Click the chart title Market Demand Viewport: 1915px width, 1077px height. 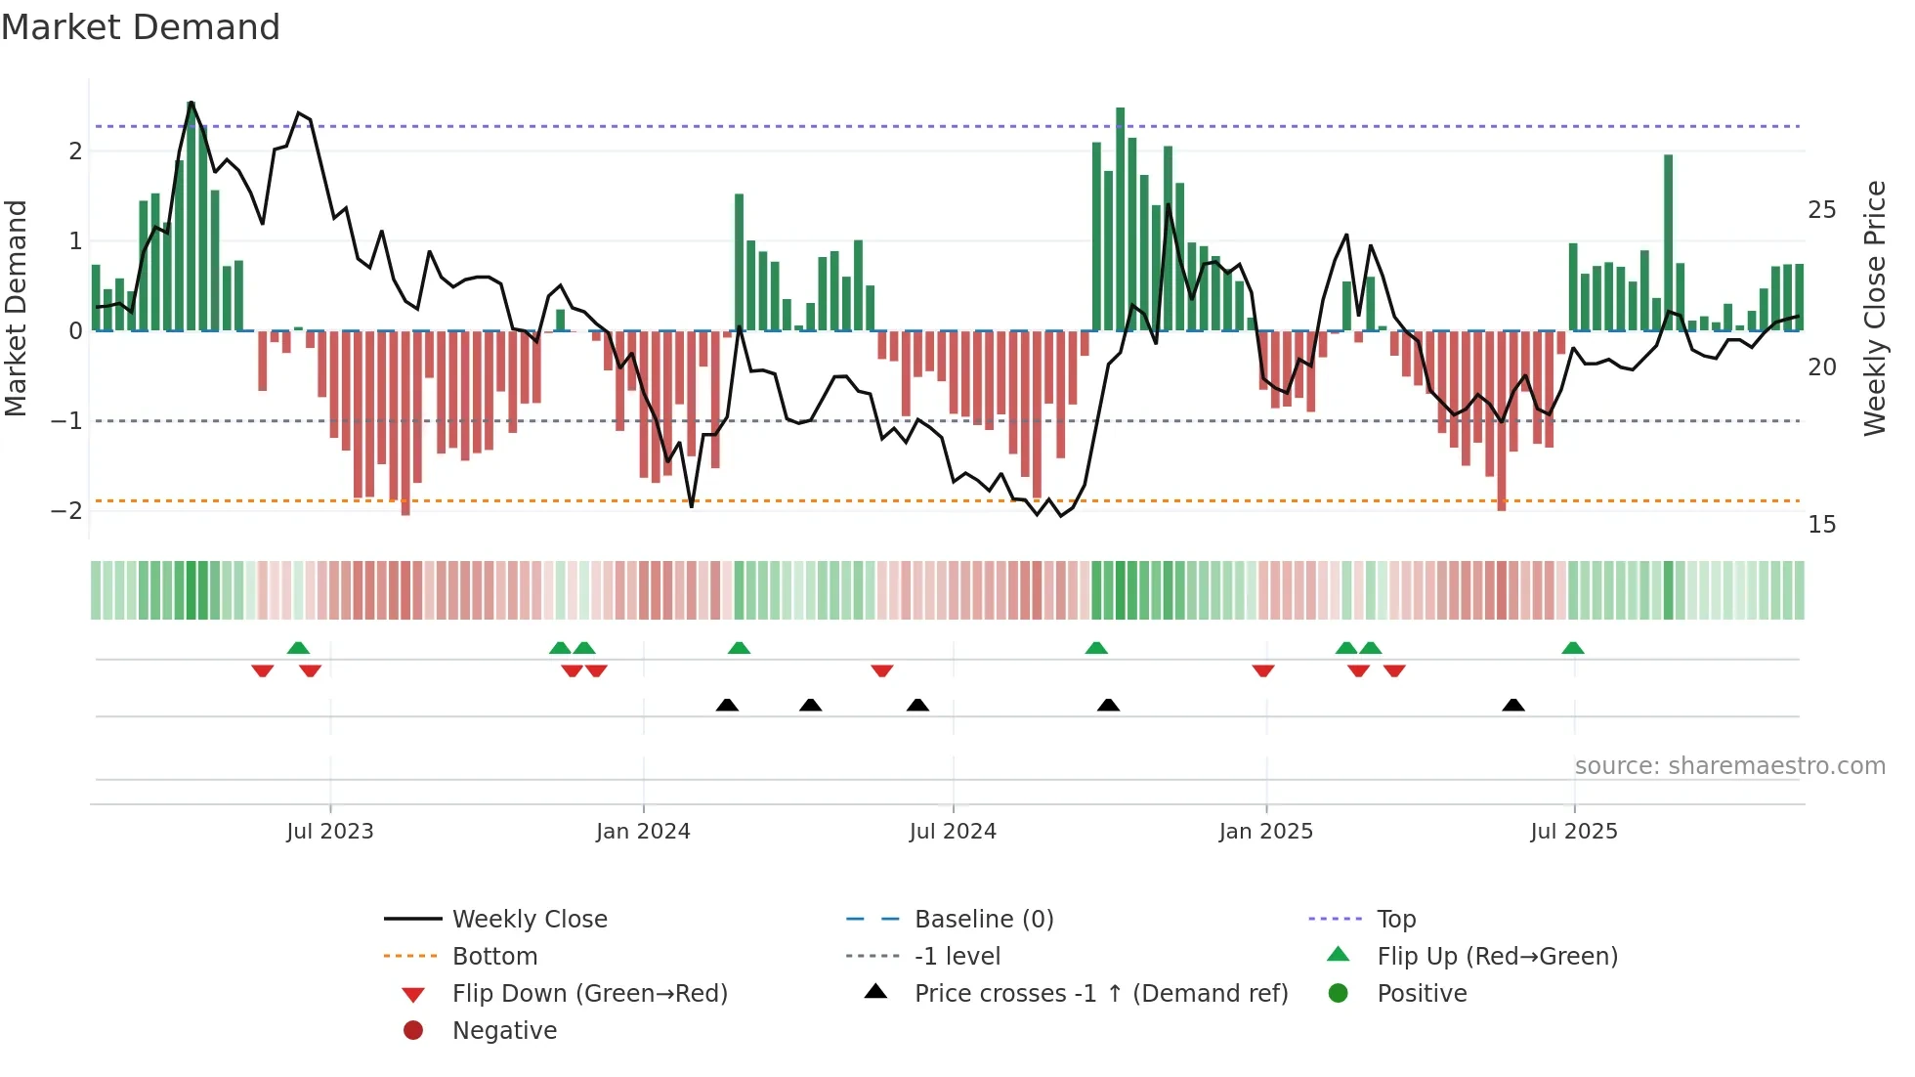(x=141, y=27)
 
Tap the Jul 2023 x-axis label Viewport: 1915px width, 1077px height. (x=330, y=832)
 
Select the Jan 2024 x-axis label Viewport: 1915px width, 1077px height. (x=643, y=832)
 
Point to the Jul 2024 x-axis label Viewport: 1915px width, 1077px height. (x=953, y=832)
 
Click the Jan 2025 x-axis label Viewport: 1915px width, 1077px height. (x=1266, y=832)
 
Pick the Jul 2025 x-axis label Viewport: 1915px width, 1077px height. (x=1574, y=832)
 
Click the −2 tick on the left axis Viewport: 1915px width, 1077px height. (x=66, y=511)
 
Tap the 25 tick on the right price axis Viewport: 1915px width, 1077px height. (x=1822, y=210)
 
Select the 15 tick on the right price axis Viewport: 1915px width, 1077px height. (x=1822, y=525)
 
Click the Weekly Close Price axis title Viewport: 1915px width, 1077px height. (x=1875, y=308)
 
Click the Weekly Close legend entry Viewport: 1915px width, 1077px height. (x=530, y=920)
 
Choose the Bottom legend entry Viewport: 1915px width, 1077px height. (x=494, y=957)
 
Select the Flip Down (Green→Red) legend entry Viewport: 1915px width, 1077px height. (x=589, y=994)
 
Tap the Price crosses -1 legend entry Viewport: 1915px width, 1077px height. (x=1101, y=994)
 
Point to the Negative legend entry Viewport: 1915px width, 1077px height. (x=504, y=1031)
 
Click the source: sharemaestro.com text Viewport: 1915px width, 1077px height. (x=1729, y=766)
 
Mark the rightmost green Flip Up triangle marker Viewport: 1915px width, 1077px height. (x=1573, y=648)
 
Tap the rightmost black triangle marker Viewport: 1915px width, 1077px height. (x=1513, y=705)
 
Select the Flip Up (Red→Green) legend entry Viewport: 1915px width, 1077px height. (x=1497, y=957)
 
